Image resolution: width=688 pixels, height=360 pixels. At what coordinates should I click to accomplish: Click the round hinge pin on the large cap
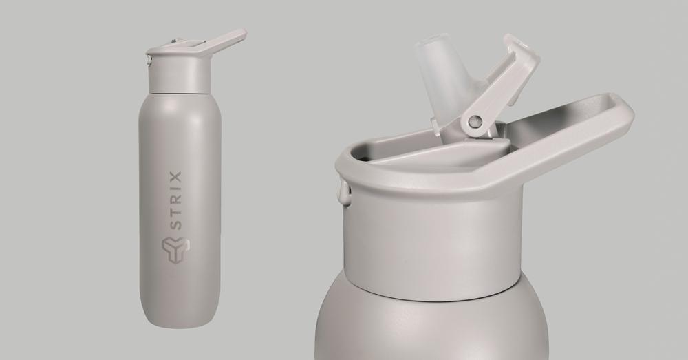473,122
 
